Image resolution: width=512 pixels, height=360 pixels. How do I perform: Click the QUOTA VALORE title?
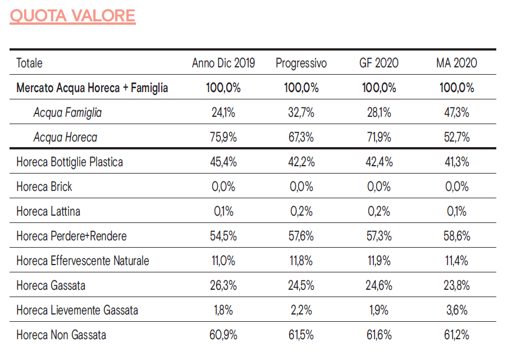pyautogui.click(x=72, y=15)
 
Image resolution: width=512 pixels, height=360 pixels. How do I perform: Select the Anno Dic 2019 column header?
pyautogui.click(x=223, y=63)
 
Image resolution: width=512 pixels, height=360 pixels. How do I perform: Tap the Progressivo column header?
pyautogui.click(x=301, y=63)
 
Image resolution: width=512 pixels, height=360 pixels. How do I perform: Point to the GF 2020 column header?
pyautogui.click(x=379, y=63)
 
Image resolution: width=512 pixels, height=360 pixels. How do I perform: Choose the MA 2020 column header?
pyautogui.click(x=456, y=63)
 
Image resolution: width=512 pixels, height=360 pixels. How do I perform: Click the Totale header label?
pyautogui.click(x=29, y=63)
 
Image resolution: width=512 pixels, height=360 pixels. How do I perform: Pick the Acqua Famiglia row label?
pyautogui.click(x=67, y=112)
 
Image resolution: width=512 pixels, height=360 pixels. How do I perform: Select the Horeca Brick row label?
pyautogui.click(x=44, y=186)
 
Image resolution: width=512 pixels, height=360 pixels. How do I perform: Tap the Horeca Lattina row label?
pyautogui.click(x=48, y=211)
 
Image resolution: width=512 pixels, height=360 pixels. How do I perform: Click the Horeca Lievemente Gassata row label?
pyautogui.click(x=77, y=310)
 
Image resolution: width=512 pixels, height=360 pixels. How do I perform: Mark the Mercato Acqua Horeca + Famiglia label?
pyautogui.click(x=92, y=88)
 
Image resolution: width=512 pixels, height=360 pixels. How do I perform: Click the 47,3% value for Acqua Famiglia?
pyautogui.click(x=456, y=112)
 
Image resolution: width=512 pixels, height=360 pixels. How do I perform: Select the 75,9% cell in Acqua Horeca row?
pyautogui.click(x=223, y=137)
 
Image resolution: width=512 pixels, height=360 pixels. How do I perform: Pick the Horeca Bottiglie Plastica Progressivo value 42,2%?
pyautogui.click(x=301, y=162)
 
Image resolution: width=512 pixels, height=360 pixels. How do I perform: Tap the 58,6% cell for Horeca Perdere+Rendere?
pyautogui.click(x=456, y=236)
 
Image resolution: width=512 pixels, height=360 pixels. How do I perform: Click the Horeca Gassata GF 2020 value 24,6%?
pyautogui.click(x=379, y=285)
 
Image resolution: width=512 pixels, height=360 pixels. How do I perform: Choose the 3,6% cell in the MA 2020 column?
pyautogui.click(x=456, y=310)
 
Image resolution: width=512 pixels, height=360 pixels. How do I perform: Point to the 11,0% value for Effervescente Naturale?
pyautogui.click(x=223, y=261)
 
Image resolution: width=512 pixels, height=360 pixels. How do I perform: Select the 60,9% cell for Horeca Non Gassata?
pyautogui.click(x=223, y=335)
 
